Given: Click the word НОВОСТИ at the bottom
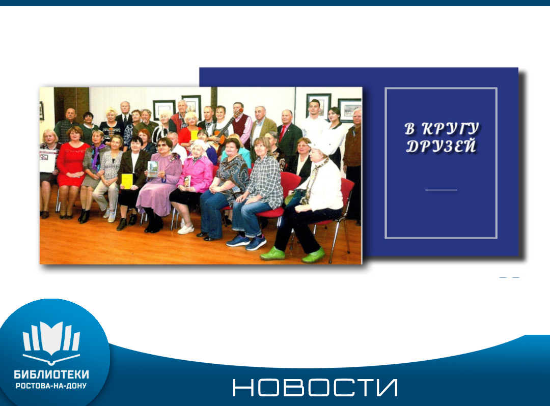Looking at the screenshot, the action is click(315, 387).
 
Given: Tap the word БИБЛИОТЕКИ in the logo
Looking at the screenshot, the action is click(51, 374).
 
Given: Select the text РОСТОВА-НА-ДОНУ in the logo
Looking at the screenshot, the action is click(51, 386).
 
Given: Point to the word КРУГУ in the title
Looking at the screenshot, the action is click(450, 128).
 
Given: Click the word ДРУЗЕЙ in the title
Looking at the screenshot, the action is click(441, 146).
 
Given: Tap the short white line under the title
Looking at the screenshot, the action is click(441, 190).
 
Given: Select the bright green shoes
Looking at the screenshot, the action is click(293, 254).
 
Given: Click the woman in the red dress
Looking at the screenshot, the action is click(71, 171).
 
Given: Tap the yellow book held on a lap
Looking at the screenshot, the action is click(127, 181).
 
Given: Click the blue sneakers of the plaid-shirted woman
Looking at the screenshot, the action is click(246, 242).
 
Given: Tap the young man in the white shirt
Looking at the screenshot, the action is click(315, 122).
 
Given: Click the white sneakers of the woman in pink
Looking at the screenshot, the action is click(186, 229).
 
